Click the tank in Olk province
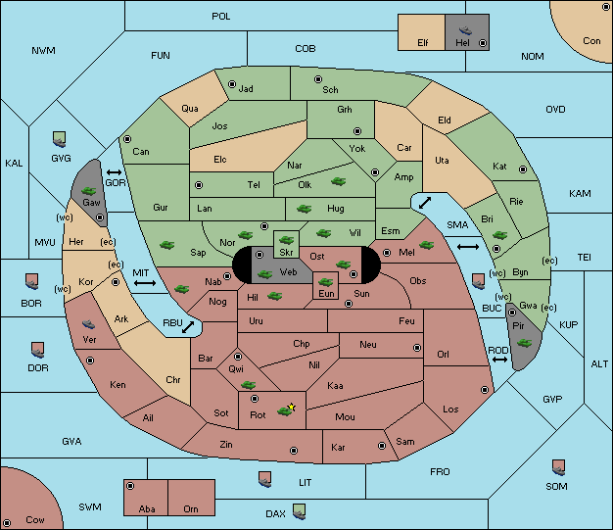tap(338, 181)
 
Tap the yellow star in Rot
tap(291, 407)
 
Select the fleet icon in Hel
tap(465, 30)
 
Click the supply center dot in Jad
tap(232, 84)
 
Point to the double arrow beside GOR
tap(114, 172)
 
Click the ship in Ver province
tap(89, 324)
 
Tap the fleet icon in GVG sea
tap(60, 140)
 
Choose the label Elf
tap(423, 43)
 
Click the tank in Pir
tap(524, 343)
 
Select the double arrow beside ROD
tap(499, 360)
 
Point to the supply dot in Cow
tap(7, 523)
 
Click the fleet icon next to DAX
tap(300, 511)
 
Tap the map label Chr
tap(172, 379)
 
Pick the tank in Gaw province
tap(89, 191)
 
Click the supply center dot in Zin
tap(294, 451)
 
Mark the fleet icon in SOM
tap(559, 467)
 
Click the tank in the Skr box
tap(286, 239)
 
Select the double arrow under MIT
tap(145, 283)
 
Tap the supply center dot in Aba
tap(130, 486)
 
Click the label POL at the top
tap(221, 17)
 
